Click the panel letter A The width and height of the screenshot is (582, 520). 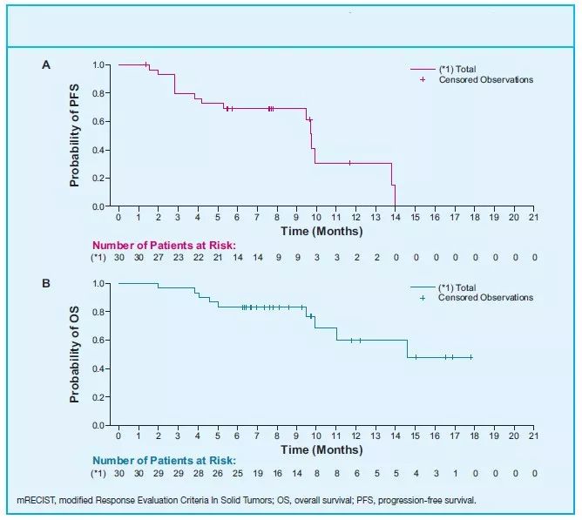pos(45,64)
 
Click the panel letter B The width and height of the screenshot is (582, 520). pos(45,283)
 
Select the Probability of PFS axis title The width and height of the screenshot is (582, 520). pos(76,136)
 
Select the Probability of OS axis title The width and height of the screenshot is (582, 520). pos(76,355)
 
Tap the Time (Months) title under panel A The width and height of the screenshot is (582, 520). pos(321,232)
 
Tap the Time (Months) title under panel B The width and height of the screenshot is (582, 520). pos(321,450)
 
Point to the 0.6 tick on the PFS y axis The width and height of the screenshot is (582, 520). pos(101,122)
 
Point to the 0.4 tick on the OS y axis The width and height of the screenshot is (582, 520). pos(101,369)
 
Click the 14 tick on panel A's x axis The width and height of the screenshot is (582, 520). pos(395,217)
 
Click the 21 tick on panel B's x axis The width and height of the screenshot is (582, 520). pos(533,436)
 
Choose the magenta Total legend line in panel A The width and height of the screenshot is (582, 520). pos(423,69)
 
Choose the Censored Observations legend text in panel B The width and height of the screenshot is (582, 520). pos(485,298)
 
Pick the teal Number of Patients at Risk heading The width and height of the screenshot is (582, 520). pos(165,461)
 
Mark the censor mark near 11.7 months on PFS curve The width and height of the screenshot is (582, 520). pos(349,163)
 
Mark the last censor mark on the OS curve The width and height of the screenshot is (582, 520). pos(471,357)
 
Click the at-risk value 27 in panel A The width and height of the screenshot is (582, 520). pos(158,258)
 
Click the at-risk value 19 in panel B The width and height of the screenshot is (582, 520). pos(257,474)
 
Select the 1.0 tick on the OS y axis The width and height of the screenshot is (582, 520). pos(101,284)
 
